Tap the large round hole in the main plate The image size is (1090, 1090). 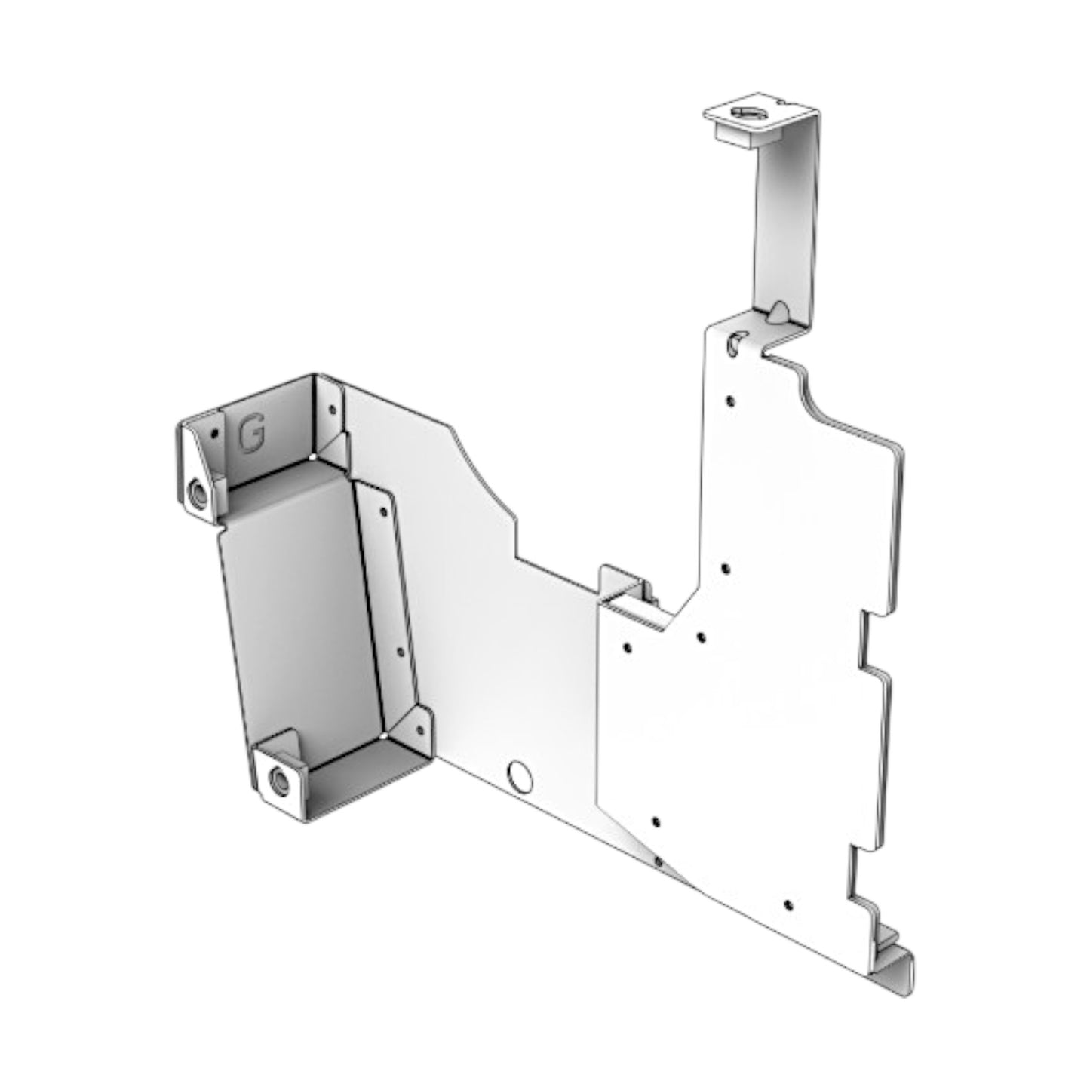coord(520,777)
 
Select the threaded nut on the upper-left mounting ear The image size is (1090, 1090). coord(198,494)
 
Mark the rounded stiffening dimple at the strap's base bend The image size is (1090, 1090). coord(778,312)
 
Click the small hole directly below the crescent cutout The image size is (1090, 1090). coord(729,401)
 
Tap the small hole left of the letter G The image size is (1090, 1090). coord(214,434)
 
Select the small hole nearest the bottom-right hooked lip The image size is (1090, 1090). coord(788,904)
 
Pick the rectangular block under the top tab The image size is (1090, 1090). coord(735,136)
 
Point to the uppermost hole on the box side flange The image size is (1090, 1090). coord(384,511)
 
